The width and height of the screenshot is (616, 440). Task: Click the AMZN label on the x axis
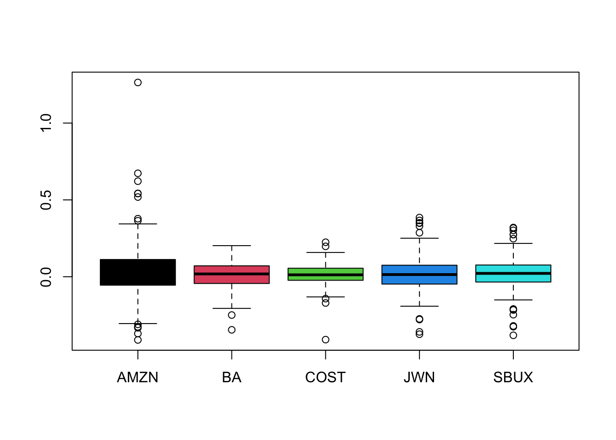[x=137, y=378]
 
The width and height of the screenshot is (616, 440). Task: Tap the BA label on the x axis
[x=231, y=378]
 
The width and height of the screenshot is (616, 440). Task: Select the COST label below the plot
[x=325, y=378]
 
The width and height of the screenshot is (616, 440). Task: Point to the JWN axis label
[x=419, y=378]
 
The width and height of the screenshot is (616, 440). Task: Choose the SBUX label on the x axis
[x=513, y=378]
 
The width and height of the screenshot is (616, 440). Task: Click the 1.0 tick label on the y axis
[x=46, y=123]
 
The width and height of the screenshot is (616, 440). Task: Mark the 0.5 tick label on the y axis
[x=46, y=200]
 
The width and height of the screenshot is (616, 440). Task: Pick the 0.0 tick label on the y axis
[x=46, y=277]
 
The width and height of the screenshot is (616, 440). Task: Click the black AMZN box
[x=137, y=272]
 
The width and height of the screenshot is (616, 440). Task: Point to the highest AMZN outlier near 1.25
[x=137, y=82]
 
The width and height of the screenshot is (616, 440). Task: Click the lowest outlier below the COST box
[x=325, y=340]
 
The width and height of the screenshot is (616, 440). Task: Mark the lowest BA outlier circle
[x=231, y=330]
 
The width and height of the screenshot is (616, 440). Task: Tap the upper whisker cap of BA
[x=231, y=246]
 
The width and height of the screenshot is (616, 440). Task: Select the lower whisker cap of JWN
[x=419, y=306]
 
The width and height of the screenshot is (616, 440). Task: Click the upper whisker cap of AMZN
[x=137, y=224]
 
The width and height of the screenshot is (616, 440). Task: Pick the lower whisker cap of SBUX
[x=513, y=300]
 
